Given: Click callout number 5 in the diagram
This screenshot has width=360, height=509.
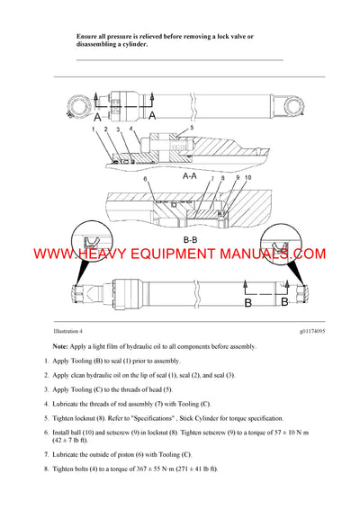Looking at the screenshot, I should coord(192,129).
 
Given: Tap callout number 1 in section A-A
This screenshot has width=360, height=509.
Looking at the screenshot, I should coord(93,129).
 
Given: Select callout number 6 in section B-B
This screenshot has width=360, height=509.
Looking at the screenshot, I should coord(146,180).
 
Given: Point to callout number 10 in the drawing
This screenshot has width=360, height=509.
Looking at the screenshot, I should coord(247,179).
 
